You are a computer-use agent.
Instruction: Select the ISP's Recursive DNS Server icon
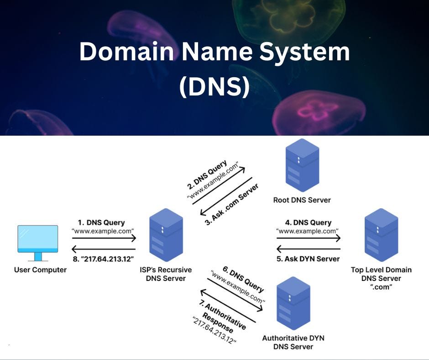click(x=166, y=235)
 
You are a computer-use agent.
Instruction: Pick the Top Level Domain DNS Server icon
click(x=381, y=235)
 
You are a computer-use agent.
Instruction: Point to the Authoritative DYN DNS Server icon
click(x=293, y=306)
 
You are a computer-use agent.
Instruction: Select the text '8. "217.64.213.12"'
click(x=103, y=259)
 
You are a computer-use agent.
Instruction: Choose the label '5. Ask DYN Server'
click(x=309, y=259)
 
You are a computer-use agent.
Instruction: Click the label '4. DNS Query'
click(x=308, y=222)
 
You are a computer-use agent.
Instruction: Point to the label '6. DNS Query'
click(x=245, y=280)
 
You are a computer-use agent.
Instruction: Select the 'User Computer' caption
click(x=40, y=270)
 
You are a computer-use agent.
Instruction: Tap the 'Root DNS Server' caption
click(x=302, y=200)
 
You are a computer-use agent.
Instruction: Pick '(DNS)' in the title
click(x=214, y=86)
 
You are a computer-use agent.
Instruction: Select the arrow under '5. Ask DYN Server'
click(x=309, y=249)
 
